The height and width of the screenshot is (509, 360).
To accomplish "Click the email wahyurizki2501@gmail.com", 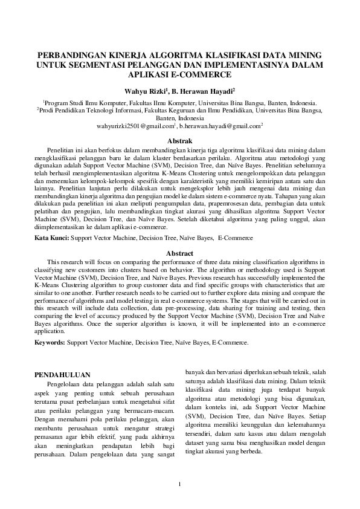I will (135, 126).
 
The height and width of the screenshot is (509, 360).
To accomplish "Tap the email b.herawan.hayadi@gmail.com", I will (220, 126).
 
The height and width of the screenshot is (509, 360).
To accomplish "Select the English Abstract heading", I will (179, 253).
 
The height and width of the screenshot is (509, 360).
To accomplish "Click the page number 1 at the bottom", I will (179, 484).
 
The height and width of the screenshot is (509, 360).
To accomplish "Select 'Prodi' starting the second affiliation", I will (48, 111).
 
